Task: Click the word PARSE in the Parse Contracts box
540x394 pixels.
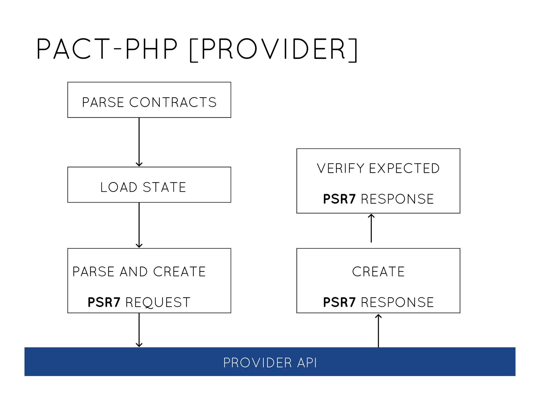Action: [x=103, y=102]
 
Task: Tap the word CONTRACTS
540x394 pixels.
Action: [x=173, y=102]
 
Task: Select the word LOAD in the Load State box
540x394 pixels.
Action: [x=119, y=187]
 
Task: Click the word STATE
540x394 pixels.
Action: [x=165, y=187]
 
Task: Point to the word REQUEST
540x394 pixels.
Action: [x=158, y=302]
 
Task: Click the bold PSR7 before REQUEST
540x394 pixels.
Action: [x=104, y=302]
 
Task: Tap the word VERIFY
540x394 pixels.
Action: [x=340, y=168]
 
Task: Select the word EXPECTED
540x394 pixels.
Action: [x=404, y=168]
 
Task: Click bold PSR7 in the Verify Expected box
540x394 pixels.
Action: [x=339, y=199]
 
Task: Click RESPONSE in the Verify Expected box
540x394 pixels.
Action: [x=397, y=199]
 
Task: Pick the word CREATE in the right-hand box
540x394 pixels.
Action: [x=378, y=272]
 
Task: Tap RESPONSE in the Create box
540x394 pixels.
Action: [x=397, y=302]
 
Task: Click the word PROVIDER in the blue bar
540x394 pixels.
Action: [x=258, y=363]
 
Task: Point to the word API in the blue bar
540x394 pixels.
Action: [x=307, y=363]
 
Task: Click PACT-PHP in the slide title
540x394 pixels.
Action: [x=107, y=49]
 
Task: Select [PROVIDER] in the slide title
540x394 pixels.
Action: [x=273, y=49]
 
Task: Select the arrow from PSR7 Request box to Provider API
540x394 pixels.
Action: [x=139, y=330]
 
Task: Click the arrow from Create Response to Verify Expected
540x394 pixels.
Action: [x=371, y=228]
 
